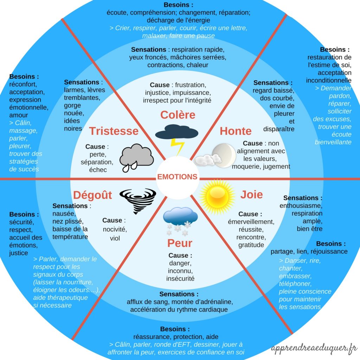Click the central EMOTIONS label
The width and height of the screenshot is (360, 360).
[178, 177]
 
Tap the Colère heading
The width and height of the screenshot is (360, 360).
[178, 115]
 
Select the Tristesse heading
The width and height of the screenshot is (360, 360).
[114, 131]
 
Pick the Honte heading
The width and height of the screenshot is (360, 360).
[236, 131]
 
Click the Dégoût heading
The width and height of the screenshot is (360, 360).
[92, 195]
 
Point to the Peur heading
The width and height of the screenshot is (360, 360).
[180, 243]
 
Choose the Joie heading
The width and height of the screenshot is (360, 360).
[251, 194]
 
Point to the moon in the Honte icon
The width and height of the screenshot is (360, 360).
[224, 155]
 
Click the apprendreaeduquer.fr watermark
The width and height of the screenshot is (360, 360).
[314, 349]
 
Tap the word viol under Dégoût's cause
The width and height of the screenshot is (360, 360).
[115, 238]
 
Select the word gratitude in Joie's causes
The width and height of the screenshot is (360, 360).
[251, 245]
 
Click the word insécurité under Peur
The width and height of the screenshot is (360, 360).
[180, 278]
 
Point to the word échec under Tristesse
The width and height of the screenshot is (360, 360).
[98, 170]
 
